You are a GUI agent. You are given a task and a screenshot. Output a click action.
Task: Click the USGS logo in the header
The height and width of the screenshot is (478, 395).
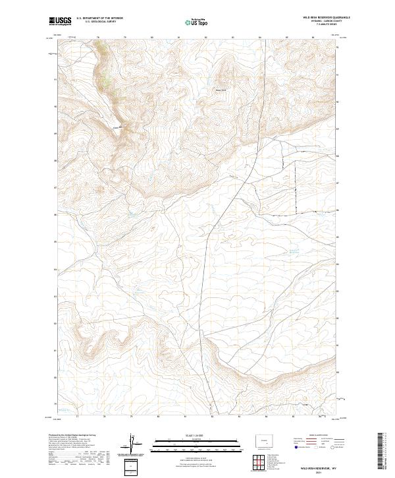tap(59, 21)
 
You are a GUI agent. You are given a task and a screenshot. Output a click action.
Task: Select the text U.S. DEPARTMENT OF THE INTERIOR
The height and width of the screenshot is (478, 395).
tap(99, 18)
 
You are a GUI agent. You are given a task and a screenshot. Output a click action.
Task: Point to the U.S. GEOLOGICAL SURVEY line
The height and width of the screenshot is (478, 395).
tap(99, 22)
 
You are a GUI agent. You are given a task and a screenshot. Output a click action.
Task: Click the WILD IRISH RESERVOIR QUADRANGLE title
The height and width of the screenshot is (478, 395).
tap(321, 18)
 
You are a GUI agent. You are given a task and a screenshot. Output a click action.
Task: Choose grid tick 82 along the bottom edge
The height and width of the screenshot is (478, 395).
tap(212, 417)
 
